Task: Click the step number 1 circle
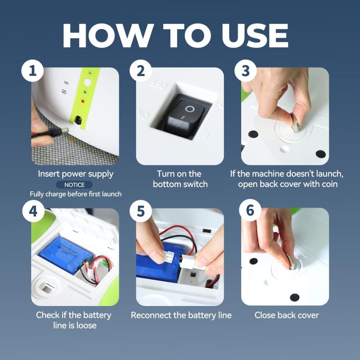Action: click(32, 71)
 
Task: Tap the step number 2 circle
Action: click(140, 71)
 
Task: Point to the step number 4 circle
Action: click(33, 211)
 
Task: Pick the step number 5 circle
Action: click(140, 211)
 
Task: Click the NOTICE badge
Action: click(75, 185)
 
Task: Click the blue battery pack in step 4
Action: click(66, 254)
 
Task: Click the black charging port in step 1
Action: click(77, 120)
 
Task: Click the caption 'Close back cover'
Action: click(286, 315)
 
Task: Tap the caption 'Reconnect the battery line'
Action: click(181, 315)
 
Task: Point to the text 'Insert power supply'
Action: click(76, 174)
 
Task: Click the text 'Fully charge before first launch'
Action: click(76, 194)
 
